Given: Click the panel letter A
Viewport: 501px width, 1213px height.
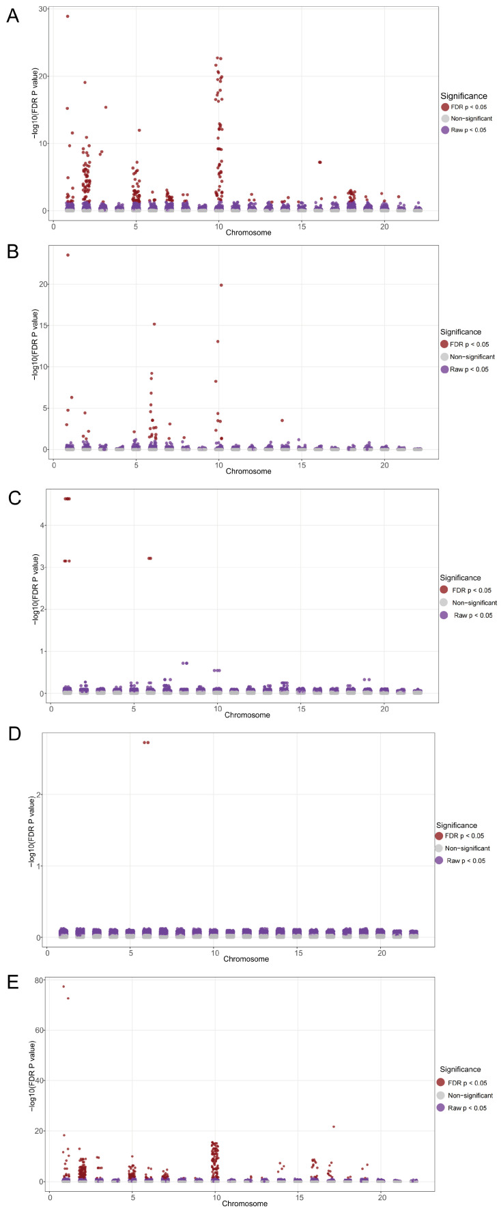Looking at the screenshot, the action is [x=12, y=16].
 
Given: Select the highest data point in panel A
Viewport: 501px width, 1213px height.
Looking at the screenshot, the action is [x=68, y=16].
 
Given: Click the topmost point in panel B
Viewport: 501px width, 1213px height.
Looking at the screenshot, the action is [x=68, y=255].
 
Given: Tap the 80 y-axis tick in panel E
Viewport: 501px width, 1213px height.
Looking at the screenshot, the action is [x=40, y=980].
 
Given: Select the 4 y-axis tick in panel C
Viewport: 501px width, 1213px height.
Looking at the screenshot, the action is [x=42, y=525].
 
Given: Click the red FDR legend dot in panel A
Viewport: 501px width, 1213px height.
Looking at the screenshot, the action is [x=445, y=107].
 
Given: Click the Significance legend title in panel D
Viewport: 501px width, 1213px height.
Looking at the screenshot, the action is [x=457, y=825].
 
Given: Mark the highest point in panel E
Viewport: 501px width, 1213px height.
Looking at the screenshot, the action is [x=63, y=986].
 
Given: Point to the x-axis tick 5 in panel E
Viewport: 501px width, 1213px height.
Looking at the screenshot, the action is [x=132, y=1198].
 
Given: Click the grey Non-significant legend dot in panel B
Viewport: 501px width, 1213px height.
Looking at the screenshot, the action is [x=445, y=357].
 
